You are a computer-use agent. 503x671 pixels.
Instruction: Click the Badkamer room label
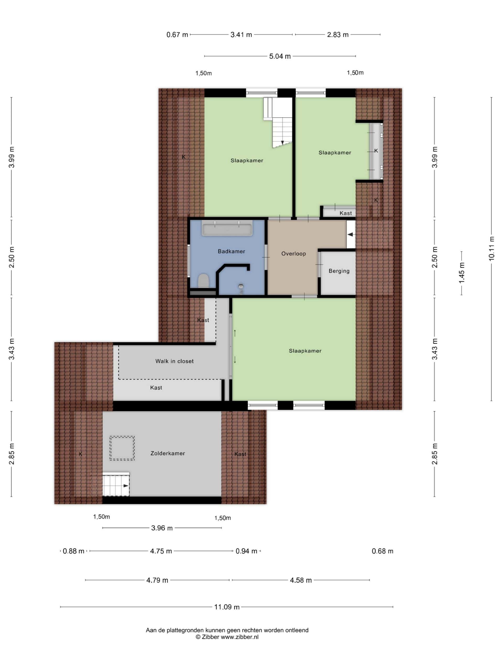(231, 251)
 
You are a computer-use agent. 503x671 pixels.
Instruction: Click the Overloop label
(293, 254)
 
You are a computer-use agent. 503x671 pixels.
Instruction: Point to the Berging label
(339, 271)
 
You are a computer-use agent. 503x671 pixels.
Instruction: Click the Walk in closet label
(174, 361)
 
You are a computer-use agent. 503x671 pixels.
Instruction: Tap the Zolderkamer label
(168, 453)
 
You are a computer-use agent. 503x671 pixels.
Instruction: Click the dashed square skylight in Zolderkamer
(122, 448)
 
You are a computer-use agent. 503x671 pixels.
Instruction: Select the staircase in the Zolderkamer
(116, 484)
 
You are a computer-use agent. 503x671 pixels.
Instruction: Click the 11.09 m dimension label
(227, 607)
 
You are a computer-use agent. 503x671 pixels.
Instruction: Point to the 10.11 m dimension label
(491, 248)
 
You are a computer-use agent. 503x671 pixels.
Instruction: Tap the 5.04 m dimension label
(280, 56)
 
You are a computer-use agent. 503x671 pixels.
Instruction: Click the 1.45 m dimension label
(461, 273)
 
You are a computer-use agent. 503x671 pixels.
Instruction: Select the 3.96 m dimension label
(162, 528)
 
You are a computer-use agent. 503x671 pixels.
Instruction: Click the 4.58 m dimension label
(301, 580)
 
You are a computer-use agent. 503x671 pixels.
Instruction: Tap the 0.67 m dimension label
(177, 35)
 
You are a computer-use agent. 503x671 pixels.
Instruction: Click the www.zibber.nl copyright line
(227, 637)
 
